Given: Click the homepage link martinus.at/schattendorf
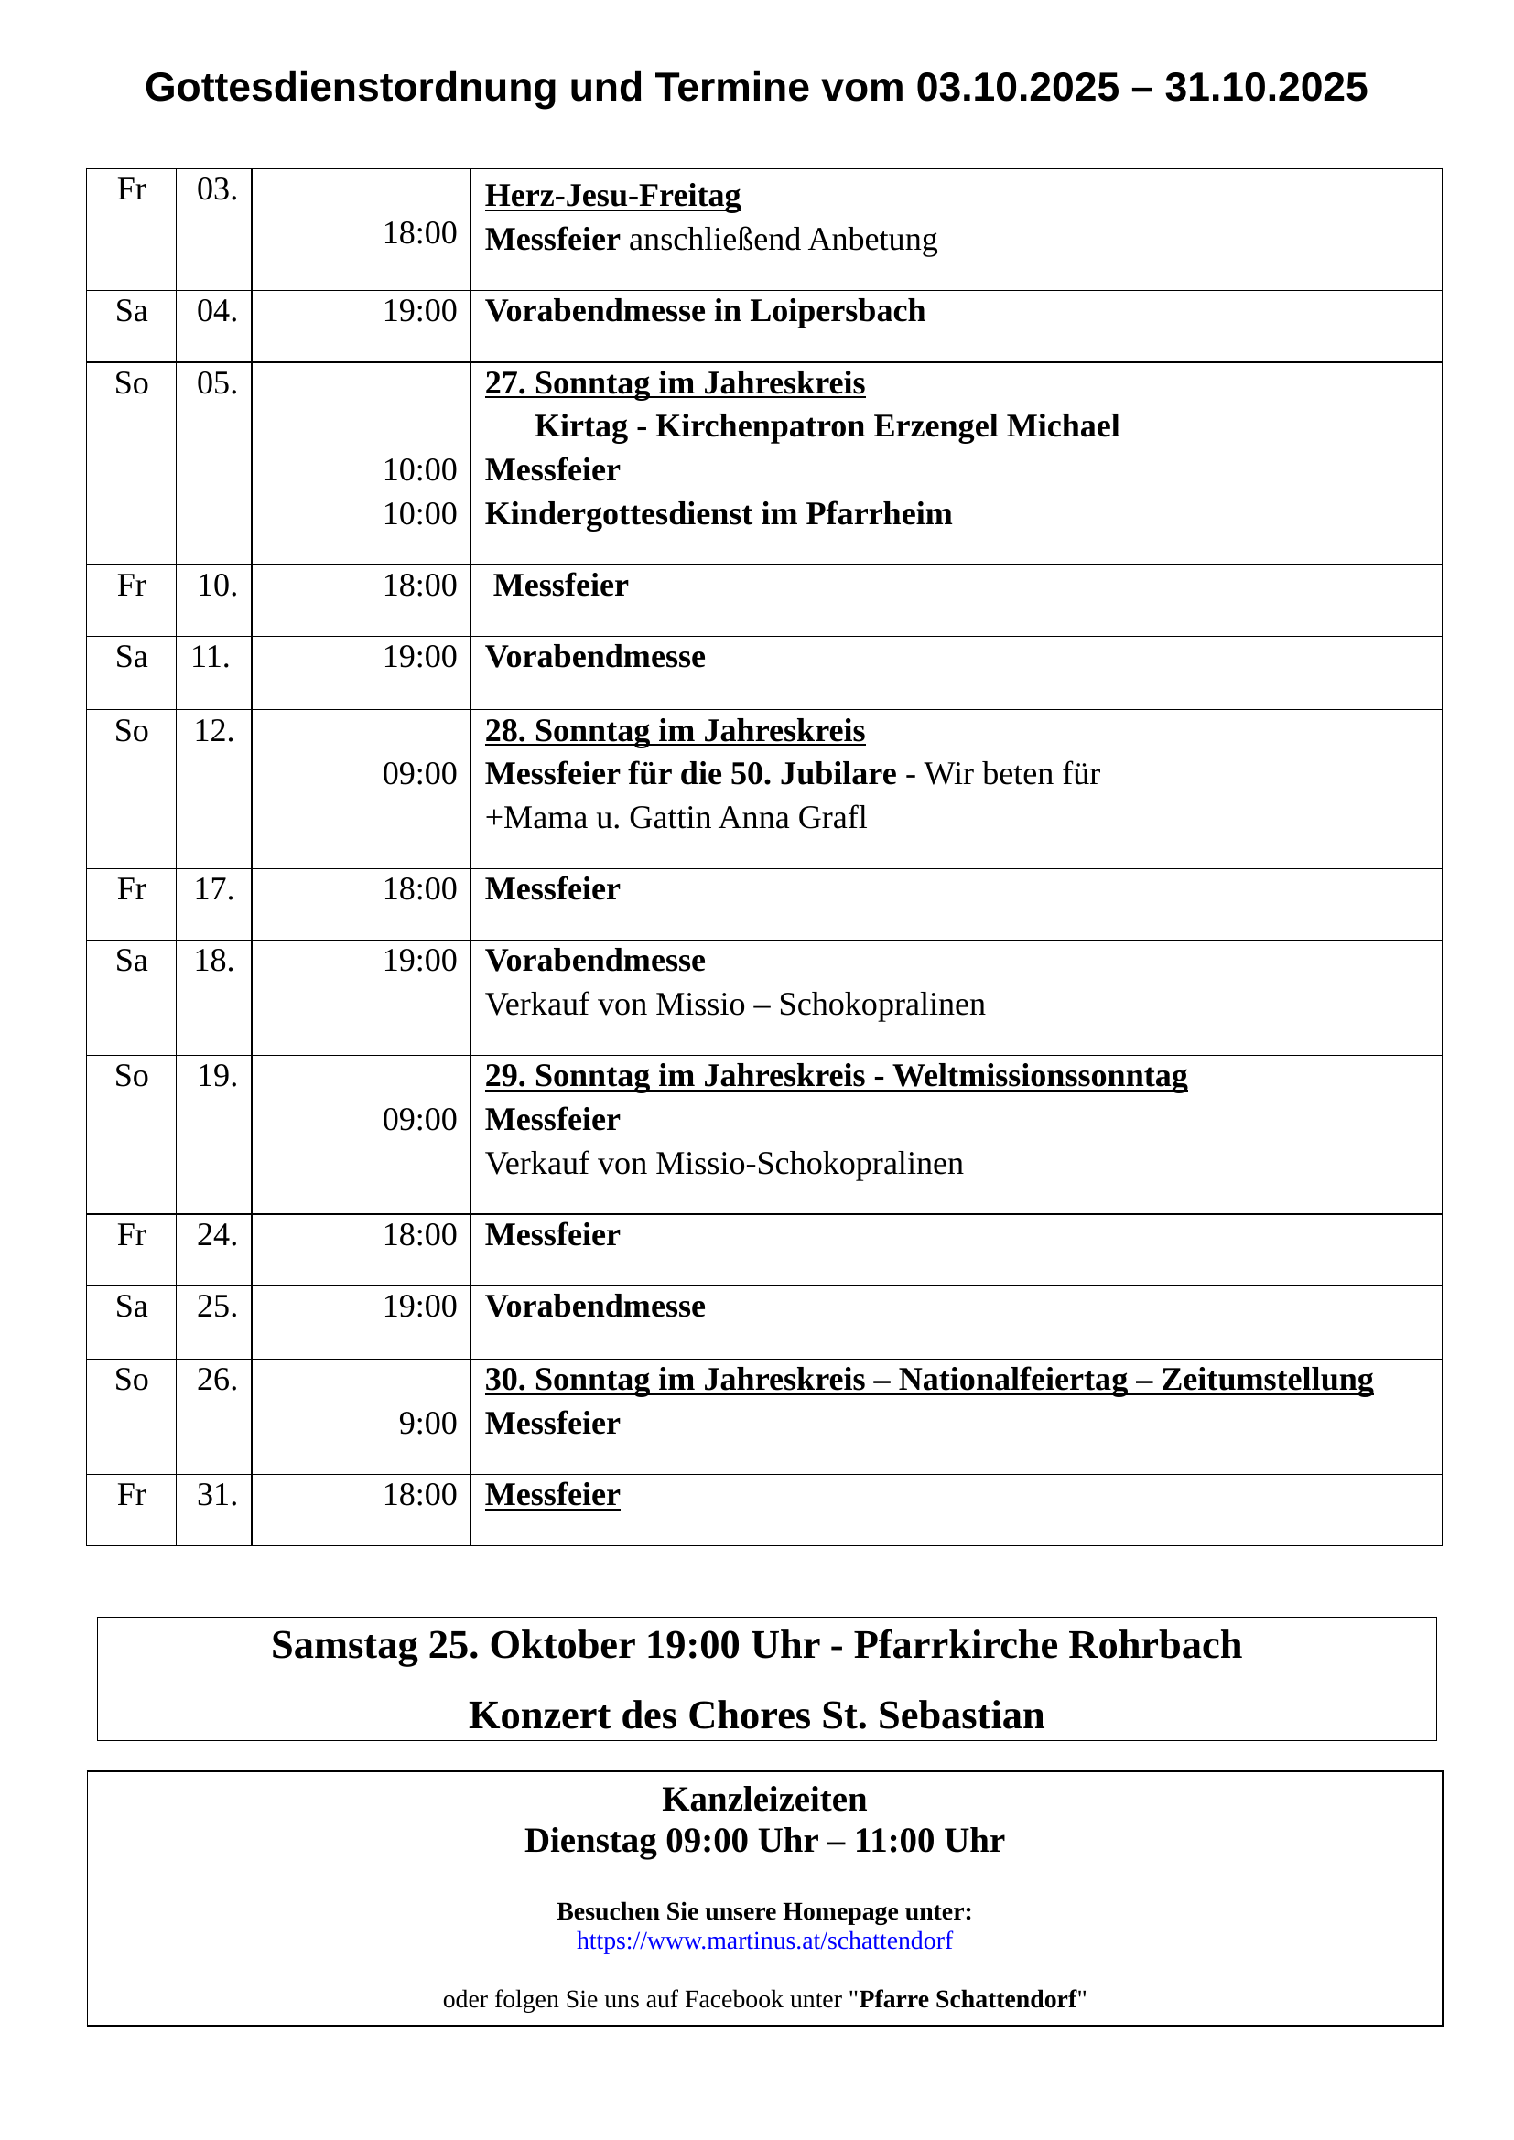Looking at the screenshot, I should pos(764,1941).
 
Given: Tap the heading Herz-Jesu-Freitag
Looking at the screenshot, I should pos(612,196).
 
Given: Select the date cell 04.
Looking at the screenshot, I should pos(216,311).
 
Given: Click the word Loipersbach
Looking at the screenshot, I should pos(838,311).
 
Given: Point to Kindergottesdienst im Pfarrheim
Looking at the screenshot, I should pos(718,514).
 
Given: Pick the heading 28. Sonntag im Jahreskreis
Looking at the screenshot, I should pos(674,731).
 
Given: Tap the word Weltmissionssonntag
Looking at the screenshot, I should pos(1040,1077).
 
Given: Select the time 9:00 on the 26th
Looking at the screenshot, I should pos(427,1425).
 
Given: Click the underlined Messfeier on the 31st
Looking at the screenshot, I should pos(552,1496).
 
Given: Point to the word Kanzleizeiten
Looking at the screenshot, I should pos(763,1800).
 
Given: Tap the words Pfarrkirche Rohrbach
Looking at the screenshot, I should pos(1047,1646).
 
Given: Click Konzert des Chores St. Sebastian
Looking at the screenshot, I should pos(756,1715).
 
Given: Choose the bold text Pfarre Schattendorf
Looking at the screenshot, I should pos(968,2000).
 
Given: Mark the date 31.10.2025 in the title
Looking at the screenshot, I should pos(1265,88).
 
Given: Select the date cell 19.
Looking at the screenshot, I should pos(216,1077).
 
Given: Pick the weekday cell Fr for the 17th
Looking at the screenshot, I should pos(132,890).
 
